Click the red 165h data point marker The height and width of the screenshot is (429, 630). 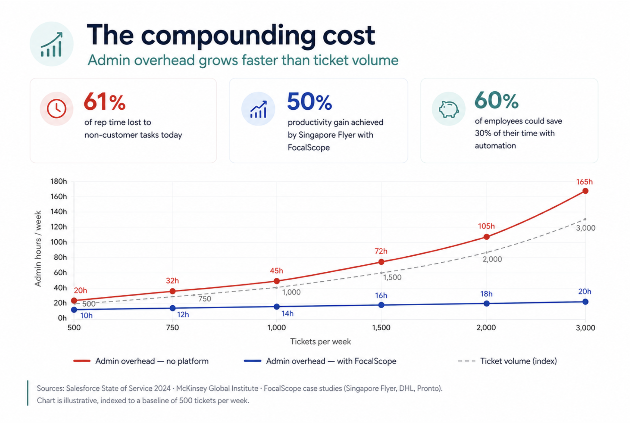[x=585, y=191]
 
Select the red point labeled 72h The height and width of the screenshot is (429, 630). [x=381, y=262]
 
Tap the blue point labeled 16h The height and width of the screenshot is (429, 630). [x=381, y=305]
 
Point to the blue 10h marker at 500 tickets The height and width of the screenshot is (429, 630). [x=74, y=310]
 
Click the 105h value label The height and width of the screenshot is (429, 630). [x=486, y=226]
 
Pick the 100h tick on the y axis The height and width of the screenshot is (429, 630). [x=59, y=242]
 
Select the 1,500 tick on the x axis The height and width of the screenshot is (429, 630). [x=381, y=328]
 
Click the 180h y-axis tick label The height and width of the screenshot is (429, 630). [x=59, y=181]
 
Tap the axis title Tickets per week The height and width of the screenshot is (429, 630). [x=320, y=342]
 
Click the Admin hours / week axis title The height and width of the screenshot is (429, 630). [x=38, y=248]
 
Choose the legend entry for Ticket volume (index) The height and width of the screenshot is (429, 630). [x=507, y=361]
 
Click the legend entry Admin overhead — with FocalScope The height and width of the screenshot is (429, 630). [x=320, y=361]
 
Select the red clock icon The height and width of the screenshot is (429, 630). [x=56, y=109]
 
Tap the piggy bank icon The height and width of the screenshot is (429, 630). [x=448, y=109]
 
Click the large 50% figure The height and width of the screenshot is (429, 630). [x=309, y=102]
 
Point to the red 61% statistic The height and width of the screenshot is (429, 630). [x=105, y=102]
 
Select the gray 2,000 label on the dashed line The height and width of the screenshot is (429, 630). [x=492, y=259]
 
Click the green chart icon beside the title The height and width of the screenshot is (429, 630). [x=52, y=44]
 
